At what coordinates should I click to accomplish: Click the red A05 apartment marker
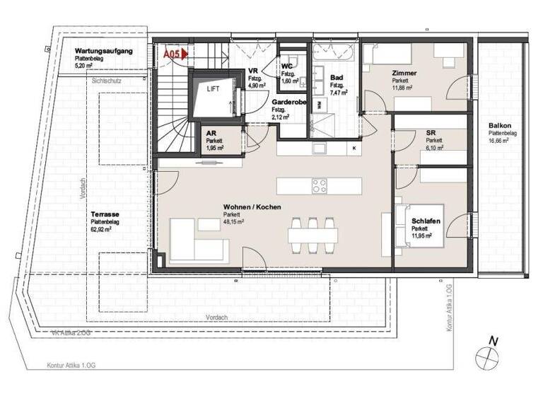[x=173, y=53]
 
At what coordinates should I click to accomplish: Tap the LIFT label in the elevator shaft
[x=213, y=90]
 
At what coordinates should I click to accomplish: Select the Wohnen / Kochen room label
[x=252, y=207]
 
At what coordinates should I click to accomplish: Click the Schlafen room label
[x=426, y=221]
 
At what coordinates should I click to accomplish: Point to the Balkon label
[x=500, y=125]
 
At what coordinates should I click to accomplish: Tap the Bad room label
[x=336, y=77]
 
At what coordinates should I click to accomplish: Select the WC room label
[x=288, y=66]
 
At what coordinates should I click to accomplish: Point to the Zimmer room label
[x=404, y=74]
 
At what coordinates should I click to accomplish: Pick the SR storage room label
[x=431, y=132]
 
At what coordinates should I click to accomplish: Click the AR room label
[x=211, y=132]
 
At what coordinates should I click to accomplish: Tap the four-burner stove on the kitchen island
[x=320, y=187]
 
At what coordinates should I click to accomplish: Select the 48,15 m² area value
[x=233, y=221]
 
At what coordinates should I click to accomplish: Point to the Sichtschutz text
[x=107, y=81]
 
